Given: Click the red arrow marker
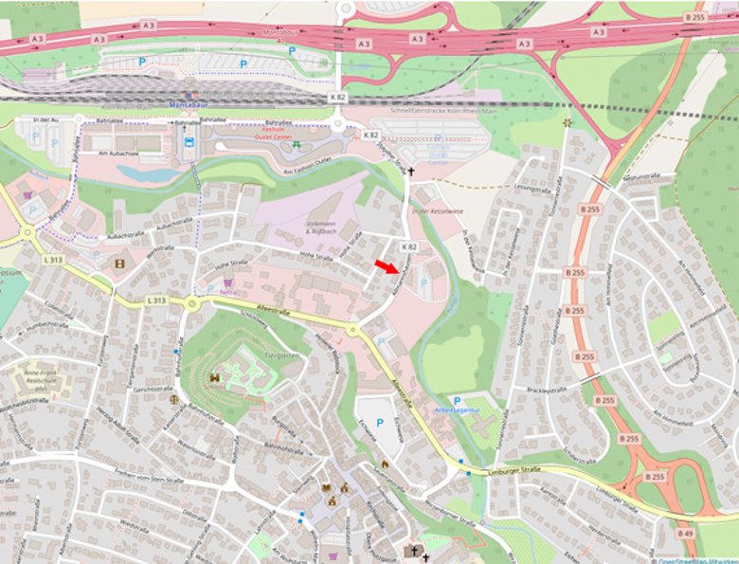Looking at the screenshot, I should (386, 266).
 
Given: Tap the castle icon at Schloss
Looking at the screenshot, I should (214, 377).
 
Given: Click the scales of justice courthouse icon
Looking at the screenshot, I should (173, 399).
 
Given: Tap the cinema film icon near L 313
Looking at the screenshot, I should (119, 264).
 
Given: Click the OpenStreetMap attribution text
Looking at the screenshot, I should (696, 559).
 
